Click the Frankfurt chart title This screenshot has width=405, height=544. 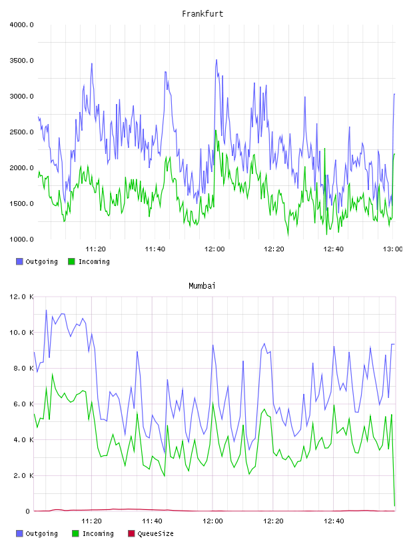tap(202, 14)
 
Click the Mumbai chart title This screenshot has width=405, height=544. tap(202, 286)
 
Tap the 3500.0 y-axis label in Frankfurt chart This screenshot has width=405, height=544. tap(21, 61)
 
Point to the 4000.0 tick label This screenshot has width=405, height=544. tap(21, 25)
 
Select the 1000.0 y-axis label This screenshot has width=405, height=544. tap(21, 239)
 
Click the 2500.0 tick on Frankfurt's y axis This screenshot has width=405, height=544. tap(21, 132)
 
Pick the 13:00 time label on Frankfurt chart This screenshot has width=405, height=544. tap(392, 249)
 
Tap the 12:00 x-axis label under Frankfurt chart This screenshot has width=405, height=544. tap(214, 249)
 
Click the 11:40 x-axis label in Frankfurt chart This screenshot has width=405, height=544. tap(155, 249)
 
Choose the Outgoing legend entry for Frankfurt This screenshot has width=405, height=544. tap(37, 261)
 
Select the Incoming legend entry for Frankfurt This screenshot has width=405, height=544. tap(89, 261)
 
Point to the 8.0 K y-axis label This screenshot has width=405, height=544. tap(23, 368)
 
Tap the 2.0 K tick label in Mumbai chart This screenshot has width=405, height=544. tap(23, 475)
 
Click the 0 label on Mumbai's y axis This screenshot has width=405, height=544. tap(28, 511)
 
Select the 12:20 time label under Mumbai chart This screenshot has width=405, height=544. tap(273, 521)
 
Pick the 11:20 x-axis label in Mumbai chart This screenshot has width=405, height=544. tap(91, 521)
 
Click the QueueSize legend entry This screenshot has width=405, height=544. tap(151, 533)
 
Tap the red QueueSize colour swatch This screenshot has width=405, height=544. tap(131, 533)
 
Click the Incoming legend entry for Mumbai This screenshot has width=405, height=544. tap(93, 533)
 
